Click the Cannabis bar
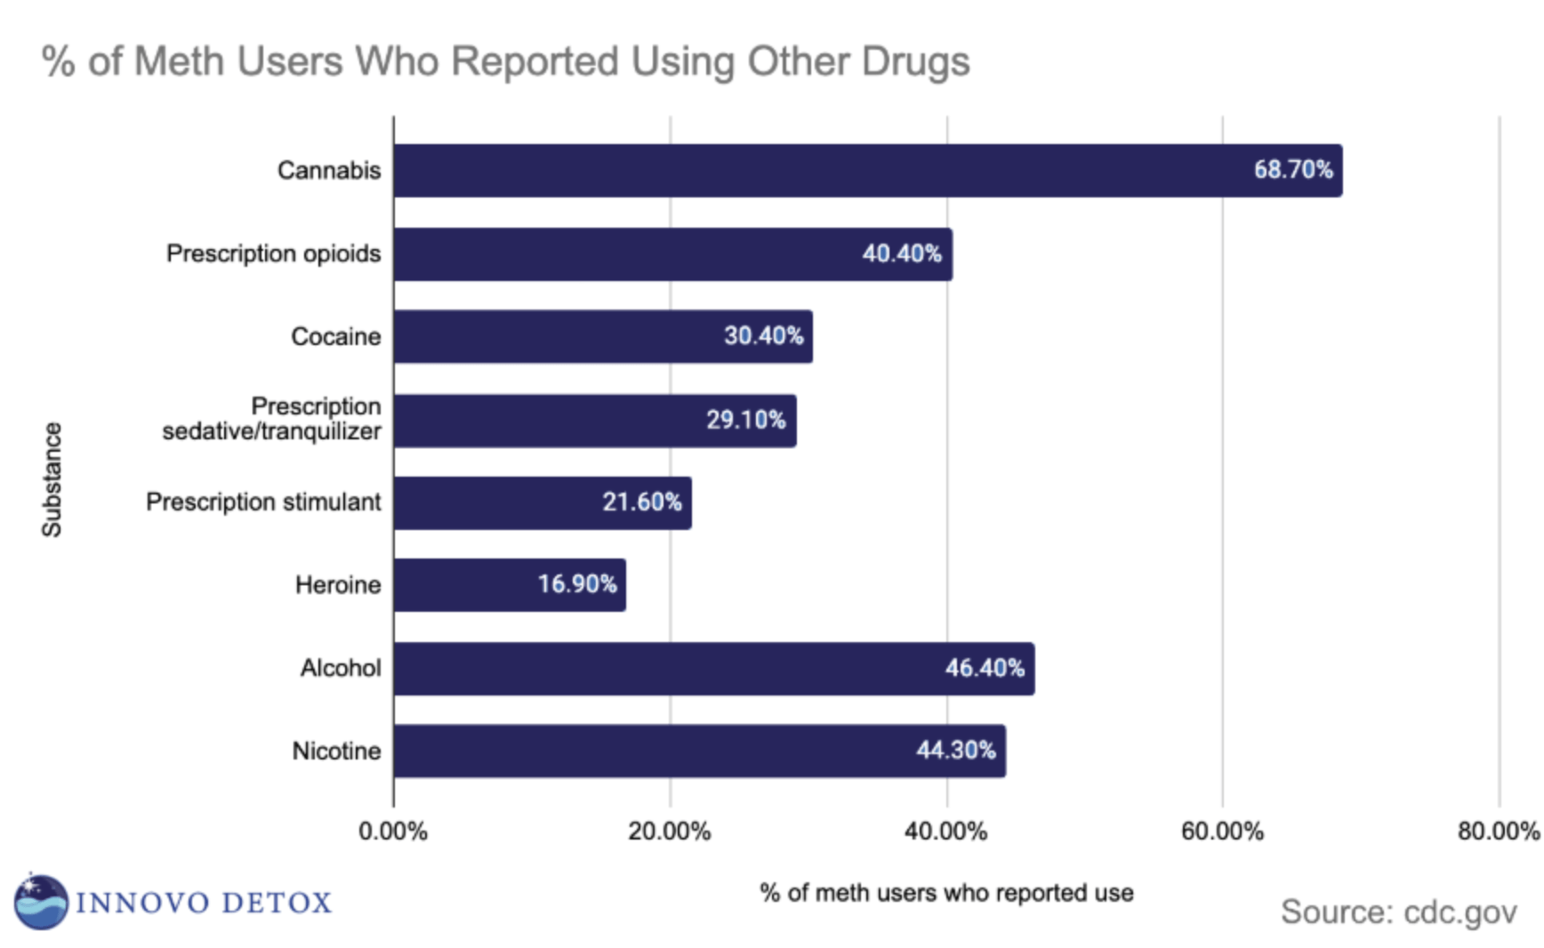tap(867, 171)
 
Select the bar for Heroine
tap(509, 585)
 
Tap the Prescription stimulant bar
tap(542, 502)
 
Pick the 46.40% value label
tap(985, 668)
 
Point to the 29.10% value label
tap(745, 420)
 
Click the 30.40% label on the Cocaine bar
tap(763, 336)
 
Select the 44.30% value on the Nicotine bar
tap(956, 751)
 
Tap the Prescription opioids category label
tap(273, 254)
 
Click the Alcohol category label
tap(341, 668)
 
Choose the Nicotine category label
tap(336, 751)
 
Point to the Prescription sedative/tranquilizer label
tap(272, 419)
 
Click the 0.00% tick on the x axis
tap(393, 832)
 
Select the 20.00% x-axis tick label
tap(670, 832)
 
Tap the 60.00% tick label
tap(1222, 832)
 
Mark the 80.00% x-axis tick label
tap(1498, 832)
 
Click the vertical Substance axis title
tap(52, 479)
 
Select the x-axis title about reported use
tap(946, 893)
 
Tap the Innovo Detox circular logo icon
tap(41, 902)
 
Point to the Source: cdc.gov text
tap(1398, 912)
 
